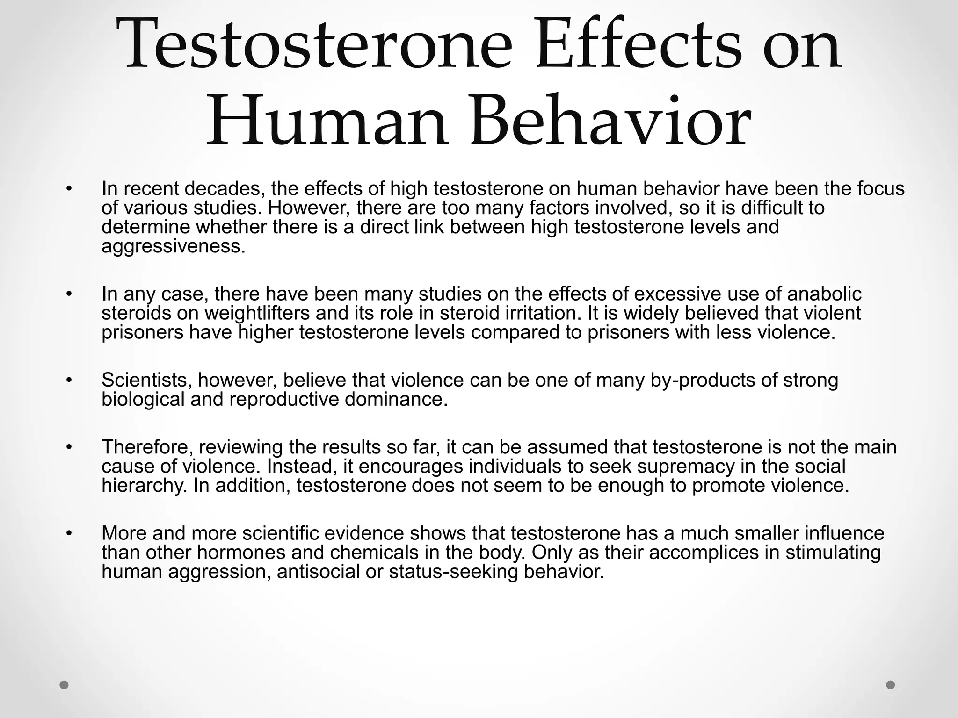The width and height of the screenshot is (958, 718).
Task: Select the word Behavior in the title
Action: (x=610, y=122)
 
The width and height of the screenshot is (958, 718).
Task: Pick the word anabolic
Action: (x=825, y=294)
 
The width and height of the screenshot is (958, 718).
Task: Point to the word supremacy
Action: (x=677, y=466)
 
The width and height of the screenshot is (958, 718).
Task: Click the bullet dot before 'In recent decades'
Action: (x=69, y=189)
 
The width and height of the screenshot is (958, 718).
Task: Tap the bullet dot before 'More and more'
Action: (x=69, y=533)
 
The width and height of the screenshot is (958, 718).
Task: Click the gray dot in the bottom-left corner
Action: (x=64, y=685)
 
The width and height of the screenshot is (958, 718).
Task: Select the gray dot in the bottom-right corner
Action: (x=891, y=685)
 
